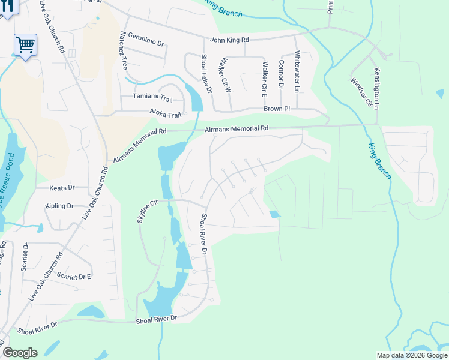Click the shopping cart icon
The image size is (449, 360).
[x=25, y=44]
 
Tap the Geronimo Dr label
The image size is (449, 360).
[x=145, y=42]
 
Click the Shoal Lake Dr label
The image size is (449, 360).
[x=205, y=73]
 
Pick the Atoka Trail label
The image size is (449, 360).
[x=165, y=114]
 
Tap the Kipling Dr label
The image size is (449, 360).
[x=59, y=206]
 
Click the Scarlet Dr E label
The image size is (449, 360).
[x=74, y=276]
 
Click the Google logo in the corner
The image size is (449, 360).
[x=20, y=353]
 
